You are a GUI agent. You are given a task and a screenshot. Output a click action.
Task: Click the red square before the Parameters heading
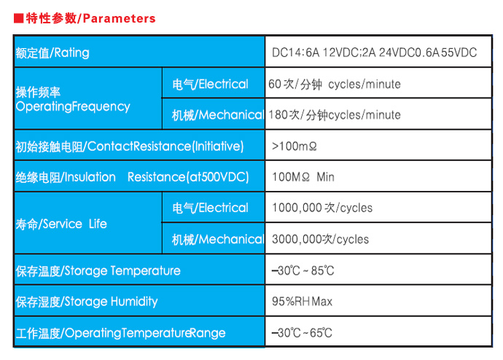19,18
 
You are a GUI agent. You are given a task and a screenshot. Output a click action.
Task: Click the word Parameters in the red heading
119,19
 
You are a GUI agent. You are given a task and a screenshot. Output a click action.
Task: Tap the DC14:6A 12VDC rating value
375,52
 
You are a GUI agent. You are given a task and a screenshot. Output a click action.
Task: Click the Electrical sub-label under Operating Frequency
210,84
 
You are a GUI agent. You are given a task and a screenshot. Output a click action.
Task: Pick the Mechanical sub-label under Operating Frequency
218,114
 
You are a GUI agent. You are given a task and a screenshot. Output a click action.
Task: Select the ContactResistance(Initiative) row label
130,146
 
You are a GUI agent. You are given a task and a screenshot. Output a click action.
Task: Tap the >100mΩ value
295,146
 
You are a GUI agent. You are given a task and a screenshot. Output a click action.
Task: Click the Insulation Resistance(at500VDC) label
132,177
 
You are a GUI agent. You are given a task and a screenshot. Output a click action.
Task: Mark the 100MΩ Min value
303,177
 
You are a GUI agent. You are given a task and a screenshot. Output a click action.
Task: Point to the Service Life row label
61,224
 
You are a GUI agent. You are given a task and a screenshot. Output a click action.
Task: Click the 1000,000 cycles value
322,208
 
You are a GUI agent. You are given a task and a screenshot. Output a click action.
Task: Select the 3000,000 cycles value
321,239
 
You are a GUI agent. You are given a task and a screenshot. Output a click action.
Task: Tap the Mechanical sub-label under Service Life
218,239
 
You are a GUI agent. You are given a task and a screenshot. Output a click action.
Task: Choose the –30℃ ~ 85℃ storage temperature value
303,270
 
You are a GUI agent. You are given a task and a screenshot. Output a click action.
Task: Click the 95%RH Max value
303,301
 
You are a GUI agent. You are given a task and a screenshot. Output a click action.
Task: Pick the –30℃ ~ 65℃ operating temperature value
302,333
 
